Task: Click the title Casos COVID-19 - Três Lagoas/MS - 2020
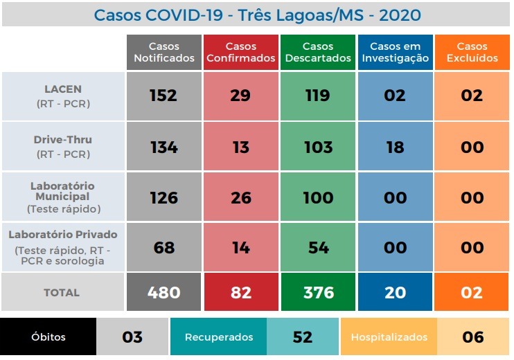coord(257,15)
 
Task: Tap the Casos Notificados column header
coord(163,53)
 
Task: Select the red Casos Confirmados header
coord(240,53)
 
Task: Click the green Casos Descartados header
coord(318,53)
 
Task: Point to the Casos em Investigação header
coord(395,53)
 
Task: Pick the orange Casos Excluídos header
coord(472,53)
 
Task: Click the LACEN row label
coord(63,96)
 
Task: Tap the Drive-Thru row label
coord(63,146)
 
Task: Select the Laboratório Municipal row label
coord(63,197)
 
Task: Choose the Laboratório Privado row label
coord(63,247)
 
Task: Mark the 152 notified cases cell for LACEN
coord(163,96)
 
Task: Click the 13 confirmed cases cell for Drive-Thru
coord(240,147)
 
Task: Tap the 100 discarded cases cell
coord(318,198)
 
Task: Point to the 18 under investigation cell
coord(395,147)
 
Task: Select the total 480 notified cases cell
coord(163,293)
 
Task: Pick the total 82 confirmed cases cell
coord(240,293)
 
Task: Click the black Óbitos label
coord(48,337)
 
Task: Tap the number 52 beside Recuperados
coord(303,337)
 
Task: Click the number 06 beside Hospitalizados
coord(473,337)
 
